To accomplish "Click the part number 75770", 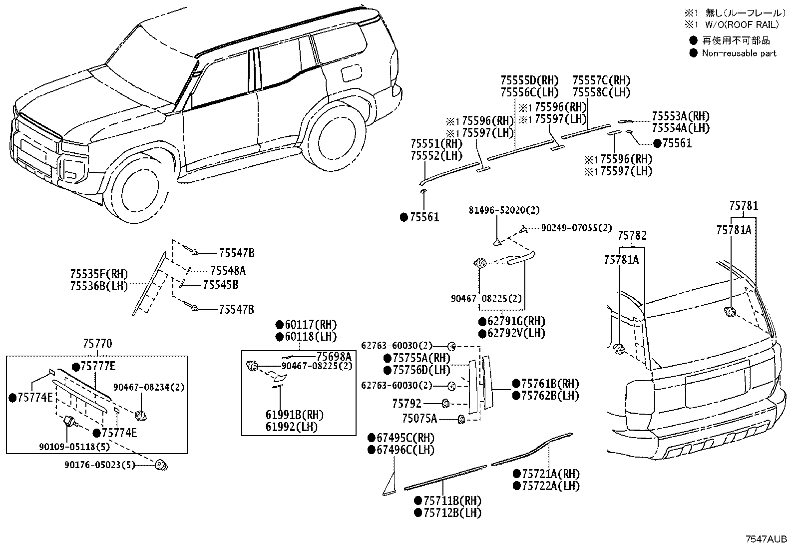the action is pyautogui.click(x=97, y=343).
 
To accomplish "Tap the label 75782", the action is pyautogui.click(x=632, y=235).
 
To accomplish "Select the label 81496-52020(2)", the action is pyautogui.click(x=504, y=210).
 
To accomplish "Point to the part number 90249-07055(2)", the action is pyautogui.click(x=576, y=228).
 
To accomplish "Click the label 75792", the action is pyautogui.click(x=406, y=404).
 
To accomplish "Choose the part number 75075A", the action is pyautogui.click(x=419, y=419).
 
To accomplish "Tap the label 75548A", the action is pyautogui.click(x=228, y=271).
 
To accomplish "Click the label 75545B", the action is pyautogui.click(x=221, y=284).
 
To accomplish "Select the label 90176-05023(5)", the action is pyautogui.click(x=100, y=465).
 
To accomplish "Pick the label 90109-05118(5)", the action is pyautogui.click(x=74, y=447).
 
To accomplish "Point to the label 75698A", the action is pyautogui.click(x=334, y=356).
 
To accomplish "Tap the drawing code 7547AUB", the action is pyautogui.click(x=766, y=539).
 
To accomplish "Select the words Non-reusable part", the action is pyautogui.click(x=739, y=53).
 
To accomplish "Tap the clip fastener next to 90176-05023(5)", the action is pyautogui.click(x=161, y=465).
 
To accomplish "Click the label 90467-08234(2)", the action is pyautogui.click(x=149, y=387).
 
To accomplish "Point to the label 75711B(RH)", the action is pyautogui.click(x=448, y=501).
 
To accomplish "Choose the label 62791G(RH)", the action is pyautogui.click(x=512, y=321).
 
